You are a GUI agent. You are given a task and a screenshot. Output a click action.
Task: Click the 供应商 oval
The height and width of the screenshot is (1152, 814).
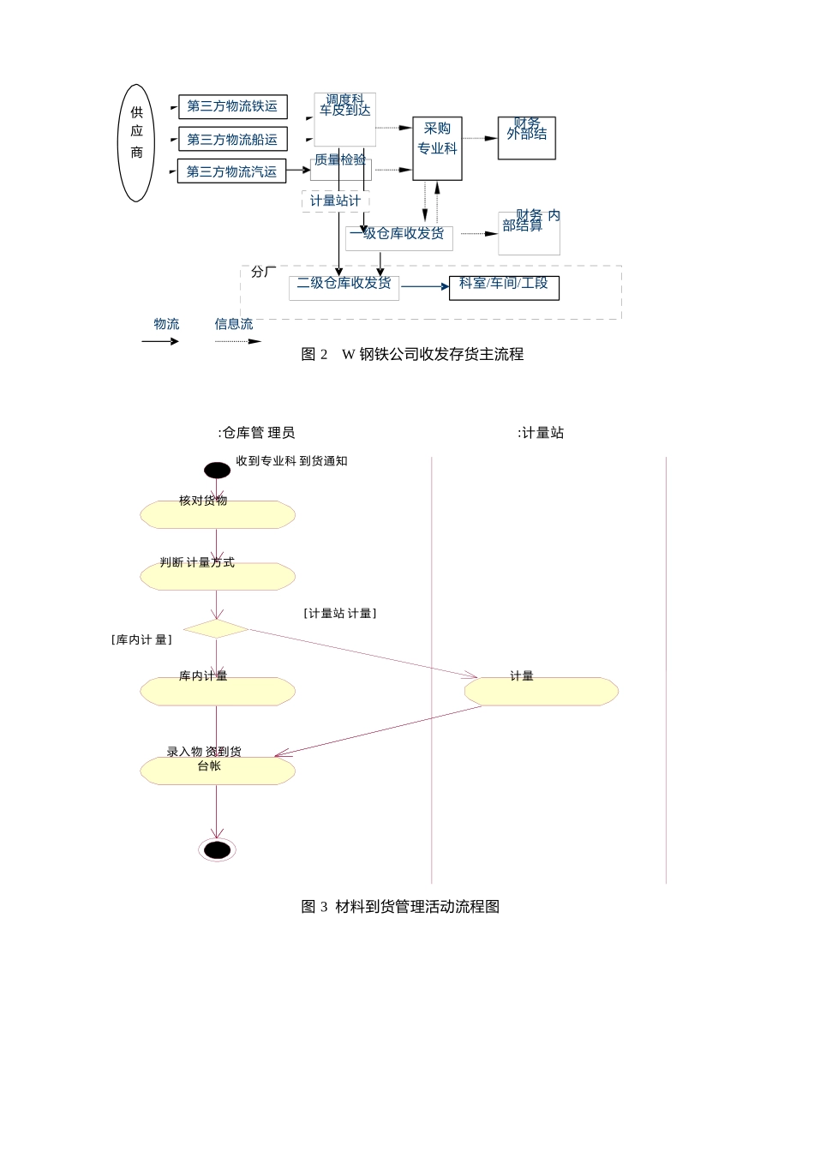click(x=136, y=143)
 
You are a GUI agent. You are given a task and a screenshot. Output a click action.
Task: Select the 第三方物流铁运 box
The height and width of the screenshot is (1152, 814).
click(x=232, y=107)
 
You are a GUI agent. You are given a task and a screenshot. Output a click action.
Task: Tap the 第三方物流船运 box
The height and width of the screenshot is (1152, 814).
click(x=232, y=140)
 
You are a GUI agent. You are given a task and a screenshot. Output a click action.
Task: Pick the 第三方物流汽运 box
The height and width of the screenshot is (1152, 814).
click(x=231, y=171)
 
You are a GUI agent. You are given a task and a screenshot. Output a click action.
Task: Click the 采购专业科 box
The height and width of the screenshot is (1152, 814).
click(x=437, y=148)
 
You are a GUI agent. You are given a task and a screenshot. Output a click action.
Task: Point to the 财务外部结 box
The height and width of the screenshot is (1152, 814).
click(x=526, y=138)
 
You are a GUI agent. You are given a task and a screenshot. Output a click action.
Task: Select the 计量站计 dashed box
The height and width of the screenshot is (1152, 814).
click(x=335, y=201)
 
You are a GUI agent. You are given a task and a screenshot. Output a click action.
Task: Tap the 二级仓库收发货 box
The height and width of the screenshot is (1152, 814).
click(x=344, y=286)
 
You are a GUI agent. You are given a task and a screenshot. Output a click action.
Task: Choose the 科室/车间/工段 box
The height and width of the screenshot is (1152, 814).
click(x=504, y=287)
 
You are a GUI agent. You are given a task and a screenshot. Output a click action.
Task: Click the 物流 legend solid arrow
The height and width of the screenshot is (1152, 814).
click(x=160, y=341)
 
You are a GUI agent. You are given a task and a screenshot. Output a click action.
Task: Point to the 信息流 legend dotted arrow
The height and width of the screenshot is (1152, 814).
click(x=238, y=341)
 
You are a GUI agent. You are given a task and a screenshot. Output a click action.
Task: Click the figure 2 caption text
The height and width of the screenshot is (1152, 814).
click(x=412, y=355)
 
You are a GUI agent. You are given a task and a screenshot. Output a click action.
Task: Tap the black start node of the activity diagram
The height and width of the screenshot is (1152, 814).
click(x=217, y=471)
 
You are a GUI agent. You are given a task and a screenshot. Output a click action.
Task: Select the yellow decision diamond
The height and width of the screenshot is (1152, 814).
click(x=216, y=629)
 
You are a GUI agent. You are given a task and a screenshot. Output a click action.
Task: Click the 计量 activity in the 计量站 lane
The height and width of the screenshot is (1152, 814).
click(x=541, y=692)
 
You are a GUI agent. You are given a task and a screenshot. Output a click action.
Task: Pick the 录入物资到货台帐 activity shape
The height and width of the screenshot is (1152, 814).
click(x=218, y=771)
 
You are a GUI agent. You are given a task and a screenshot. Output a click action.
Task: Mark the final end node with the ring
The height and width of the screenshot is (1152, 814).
click(x=217, y=849)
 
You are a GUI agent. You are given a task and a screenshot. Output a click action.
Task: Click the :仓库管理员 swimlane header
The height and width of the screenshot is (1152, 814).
click(x=256, y=433)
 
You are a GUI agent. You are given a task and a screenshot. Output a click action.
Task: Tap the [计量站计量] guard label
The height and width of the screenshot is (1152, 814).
click(x=340, y=614)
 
